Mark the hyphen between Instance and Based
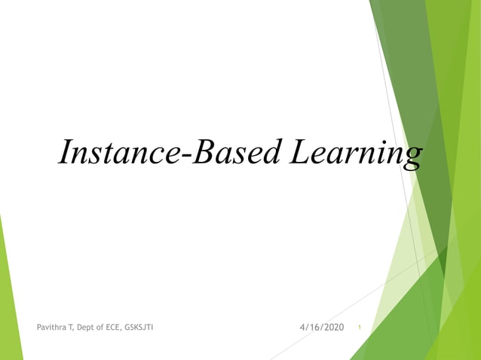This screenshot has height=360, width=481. [184, 157]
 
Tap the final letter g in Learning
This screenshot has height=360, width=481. [411, 157]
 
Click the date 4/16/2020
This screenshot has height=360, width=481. [321, 327]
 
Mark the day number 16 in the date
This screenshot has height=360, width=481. [313, 327]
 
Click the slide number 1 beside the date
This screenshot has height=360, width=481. [360, 328]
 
